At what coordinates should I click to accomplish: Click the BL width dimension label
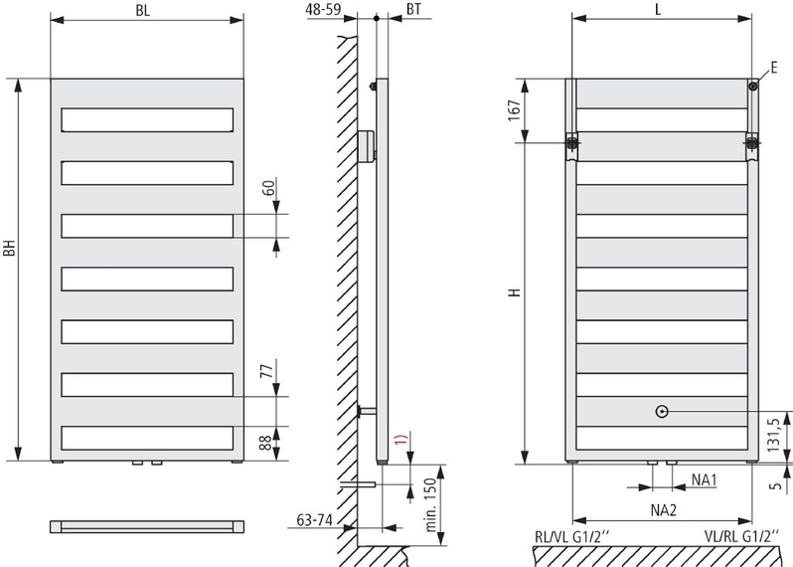point(143,11)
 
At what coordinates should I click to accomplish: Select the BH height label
point(10,248)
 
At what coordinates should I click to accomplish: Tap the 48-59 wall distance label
point(324,9)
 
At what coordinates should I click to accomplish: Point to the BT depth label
point(413,9)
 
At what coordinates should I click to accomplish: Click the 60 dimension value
point(270,188)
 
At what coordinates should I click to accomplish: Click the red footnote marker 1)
point(400,440)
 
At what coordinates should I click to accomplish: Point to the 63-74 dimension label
point(315,520)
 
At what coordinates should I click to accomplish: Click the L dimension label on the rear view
point(658,9)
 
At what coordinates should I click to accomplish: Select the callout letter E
point(774,68)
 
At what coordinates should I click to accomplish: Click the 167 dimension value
point(514,110)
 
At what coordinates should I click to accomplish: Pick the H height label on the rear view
point(515,292)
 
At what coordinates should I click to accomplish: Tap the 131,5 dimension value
point(774,435)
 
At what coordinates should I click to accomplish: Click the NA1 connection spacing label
point(705,479)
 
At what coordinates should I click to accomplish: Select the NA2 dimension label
point(664,509)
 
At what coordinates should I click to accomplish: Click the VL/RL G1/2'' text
point(742,536)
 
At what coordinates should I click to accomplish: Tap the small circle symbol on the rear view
point(662,412)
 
